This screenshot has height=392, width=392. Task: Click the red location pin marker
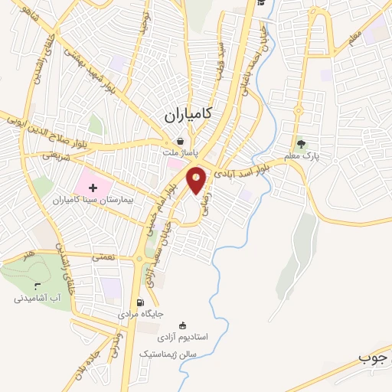pos(197,179)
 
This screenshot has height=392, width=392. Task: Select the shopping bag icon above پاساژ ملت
pos(179,141)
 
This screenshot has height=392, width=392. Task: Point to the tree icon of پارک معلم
pos(300,143)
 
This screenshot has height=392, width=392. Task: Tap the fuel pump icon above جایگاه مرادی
pos(139,302)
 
